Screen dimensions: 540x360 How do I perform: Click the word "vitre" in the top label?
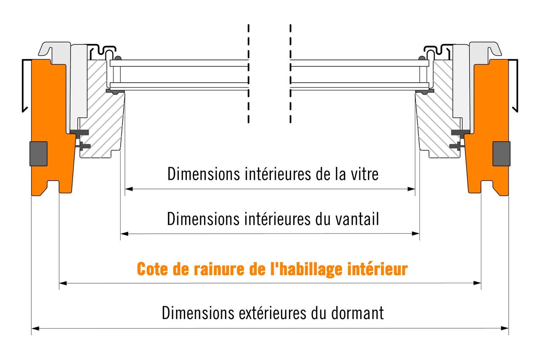tap(364, 173)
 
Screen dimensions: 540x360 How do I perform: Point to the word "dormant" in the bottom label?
tap(357, 313)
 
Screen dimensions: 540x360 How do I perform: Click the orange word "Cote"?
tap(153, 269)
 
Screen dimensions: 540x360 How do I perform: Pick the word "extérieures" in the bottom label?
tap(273, 313)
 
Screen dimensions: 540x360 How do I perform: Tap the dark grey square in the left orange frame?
tap(38, 154)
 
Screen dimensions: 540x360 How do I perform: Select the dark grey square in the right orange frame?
tap(502, 154)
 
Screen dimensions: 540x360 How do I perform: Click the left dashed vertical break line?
tap(248, 73)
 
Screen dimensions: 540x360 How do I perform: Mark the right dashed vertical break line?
tap(291, 73)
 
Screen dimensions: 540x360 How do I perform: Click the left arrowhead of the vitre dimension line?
tap(129, 189)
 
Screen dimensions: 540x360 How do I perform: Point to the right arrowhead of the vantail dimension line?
tap(416, 233)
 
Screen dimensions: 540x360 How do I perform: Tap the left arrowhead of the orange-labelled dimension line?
tap(63, 283)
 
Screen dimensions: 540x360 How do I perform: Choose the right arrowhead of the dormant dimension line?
tap(505, 328)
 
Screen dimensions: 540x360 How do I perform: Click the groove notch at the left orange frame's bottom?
tap(53, 187)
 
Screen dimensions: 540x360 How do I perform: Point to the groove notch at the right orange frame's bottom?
tap(487, 187)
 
